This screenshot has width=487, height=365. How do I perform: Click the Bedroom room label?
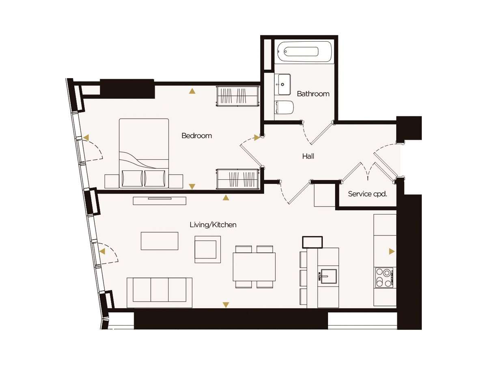click(x=196, y=135)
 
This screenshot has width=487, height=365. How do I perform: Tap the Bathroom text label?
click(x=313, y=94)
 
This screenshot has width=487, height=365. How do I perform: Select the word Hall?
click(x=308, y=156)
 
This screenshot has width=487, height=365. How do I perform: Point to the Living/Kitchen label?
click(x=213, y=225)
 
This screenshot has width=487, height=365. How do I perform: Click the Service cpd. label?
click(x=367, y=194)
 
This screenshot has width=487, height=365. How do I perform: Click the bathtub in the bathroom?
click(x=304, y=52)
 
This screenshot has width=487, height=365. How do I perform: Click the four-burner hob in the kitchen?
click(x=384, y=278)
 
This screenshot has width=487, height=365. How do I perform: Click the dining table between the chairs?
click(x=254, y=267)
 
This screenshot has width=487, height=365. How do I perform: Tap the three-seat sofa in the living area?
click(x=159, y=292)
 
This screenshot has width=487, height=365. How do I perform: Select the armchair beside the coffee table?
click(x=207, y=249)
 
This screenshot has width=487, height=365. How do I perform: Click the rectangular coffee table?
click(x=159, y=241)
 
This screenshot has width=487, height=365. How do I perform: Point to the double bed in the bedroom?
click(x=144, y=153)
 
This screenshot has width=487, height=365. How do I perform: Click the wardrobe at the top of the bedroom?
click(x=238, y=96)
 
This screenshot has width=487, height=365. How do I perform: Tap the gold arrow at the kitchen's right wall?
click(x=392, y=251)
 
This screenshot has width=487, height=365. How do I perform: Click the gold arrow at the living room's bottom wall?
click(x=226, y=305)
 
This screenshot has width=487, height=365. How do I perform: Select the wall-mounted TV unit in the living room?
click(x=159, y=201)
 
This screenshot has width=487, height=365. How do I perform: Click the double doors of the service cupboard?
click(x=368, y=171)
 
